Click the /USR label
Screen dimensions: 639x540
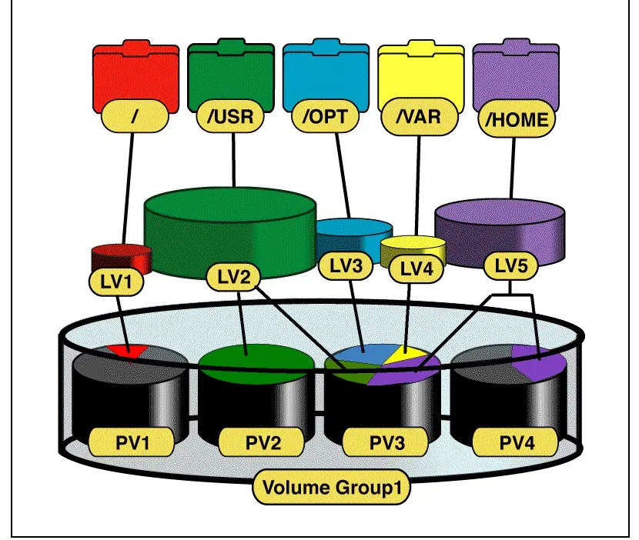coord(230,116)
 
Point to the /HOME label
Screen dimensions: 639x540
coord(517,120)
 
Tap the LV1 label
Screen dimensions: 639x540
coord(116,282)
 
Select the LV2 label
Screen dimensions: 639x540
coord(233,277)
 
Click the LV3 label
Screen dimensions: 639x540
coord(346,266)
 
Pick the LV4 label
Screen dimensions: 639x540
coord(417,269)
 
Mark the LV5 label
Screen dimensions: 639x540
coord(511,266)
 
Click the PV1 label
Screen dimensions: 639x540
coord(132,442)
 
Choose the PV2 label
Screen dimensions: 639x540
coord(263,442)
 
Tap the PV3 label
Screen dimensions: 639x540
coord(386,442)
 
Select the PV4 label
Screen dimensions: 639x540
coord(516,442)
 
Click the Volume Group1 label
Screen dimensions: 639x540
coord(332,488)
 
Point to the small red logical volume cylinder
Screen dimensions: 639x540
coord(122,258)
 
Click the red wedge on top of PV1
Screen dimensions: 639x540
coord(129,351)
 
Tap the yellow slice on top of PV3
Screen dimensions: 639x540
coord(406,355)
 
